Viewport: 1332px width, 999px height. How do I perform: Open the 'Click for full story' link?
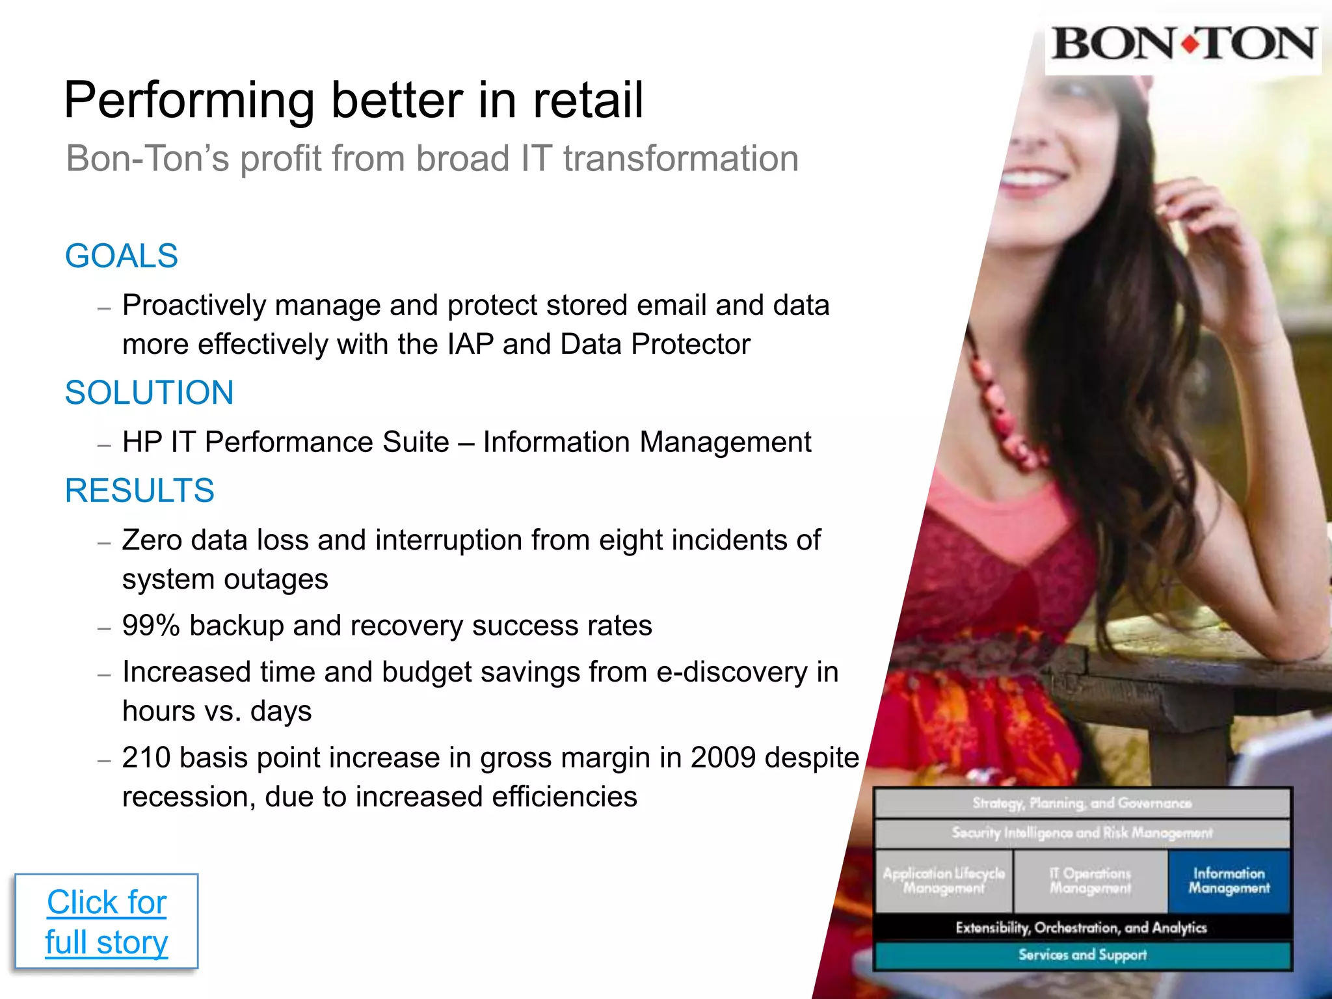(x=107, y=922)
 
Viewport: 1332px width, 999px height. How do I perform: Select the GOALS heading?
(x=122, y=256)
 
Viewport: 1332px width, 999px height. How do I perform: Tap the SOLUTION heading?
(x=149, y=393)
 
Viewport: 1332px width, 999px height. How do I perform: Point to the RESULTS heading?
(x=139, y=490)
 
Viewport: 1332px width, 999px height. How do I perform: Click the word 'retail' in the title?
(x=588, y=101)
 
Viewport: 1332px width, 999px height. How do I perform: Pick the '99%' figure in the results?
(x=150, y=626)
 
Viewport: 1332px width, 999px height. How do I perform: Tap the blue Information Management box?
(x=1229, y=881)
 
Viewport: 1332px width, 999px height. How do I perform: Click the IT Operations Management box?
(x=1090, y=881)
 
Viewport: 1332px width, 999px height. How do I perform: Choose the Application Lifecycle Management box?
(x=944, y=881)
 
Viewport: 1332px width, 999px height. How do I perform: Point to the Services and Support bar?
(x=1082, y=955)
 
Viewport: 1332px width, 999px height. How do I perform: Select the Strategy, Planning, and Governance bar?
(x=1082, y=803)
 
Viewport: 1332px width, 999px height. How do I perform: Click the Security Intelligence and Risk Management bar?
(x=1082, y=833)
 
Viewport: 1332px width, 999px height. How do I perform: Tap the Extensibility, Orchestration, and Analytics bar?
(x=1082, y=927)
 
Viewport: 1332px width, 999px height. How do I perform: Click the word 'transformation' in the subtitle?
(x=680, y=159)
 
